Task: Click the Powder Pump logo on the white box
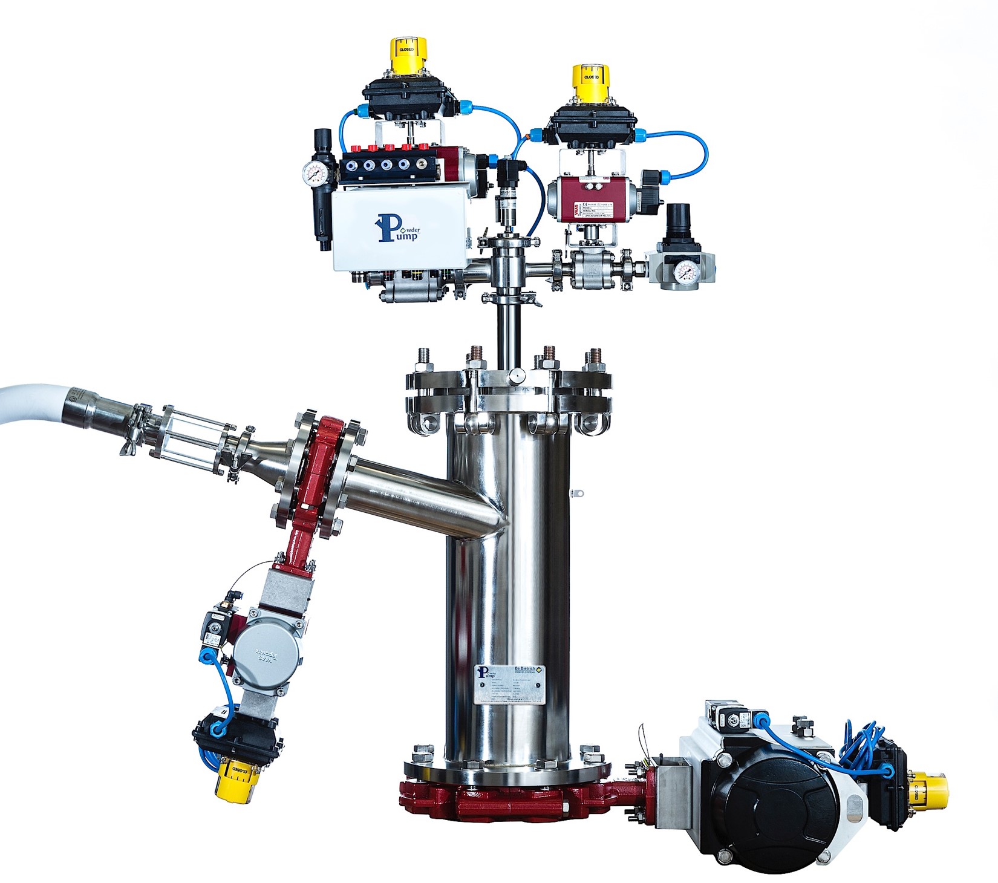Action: tap(397, 228)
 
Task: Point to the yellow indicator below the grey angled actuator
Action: tap(234, 780)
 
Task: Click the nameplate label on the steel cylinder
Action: tap(509, 684)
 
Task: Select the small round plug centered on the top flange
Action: tap(516, 376)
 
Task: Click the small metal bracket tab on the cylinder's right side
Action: tap(578, 494)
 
